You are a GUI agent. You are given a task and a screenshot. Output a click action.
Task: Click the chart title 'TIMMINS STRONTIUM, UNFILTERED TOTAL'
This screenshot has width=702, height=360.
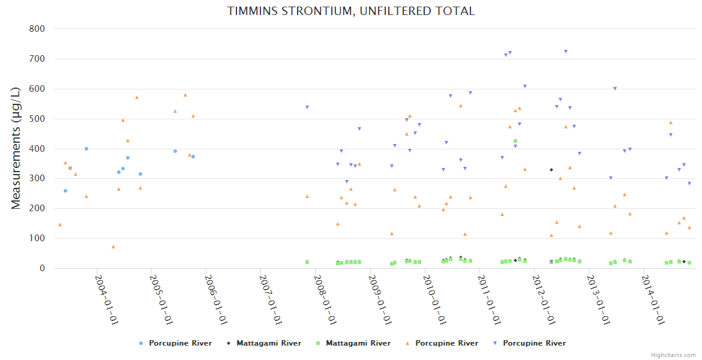[351, 11]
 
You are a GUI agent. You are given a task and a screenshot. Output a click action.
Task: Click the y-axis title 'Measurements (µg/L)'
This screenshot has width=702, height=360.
[16, 148]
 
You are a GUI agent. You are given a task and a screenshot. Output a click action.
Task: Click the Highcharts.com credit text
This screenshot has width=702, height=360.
[673, 355]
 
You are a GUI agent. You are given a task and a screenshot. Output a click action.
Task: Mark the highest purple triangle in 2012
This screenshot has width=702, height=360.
[566, 52]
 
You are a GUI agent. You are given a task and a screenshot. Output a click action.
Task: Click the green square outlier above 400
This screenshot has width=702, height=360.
[515, 141]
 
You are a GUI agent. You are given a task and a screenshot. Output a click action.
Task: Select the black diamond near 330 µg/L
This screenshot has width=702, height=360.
[551, 170]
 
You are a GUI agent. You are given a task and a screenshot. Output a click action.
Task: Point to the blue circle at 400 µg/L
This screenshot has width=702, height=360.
[86, 149]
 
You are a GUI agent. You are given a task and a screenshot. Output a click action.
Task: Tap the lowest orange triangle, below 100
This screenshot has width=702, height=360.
[113, 247]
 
